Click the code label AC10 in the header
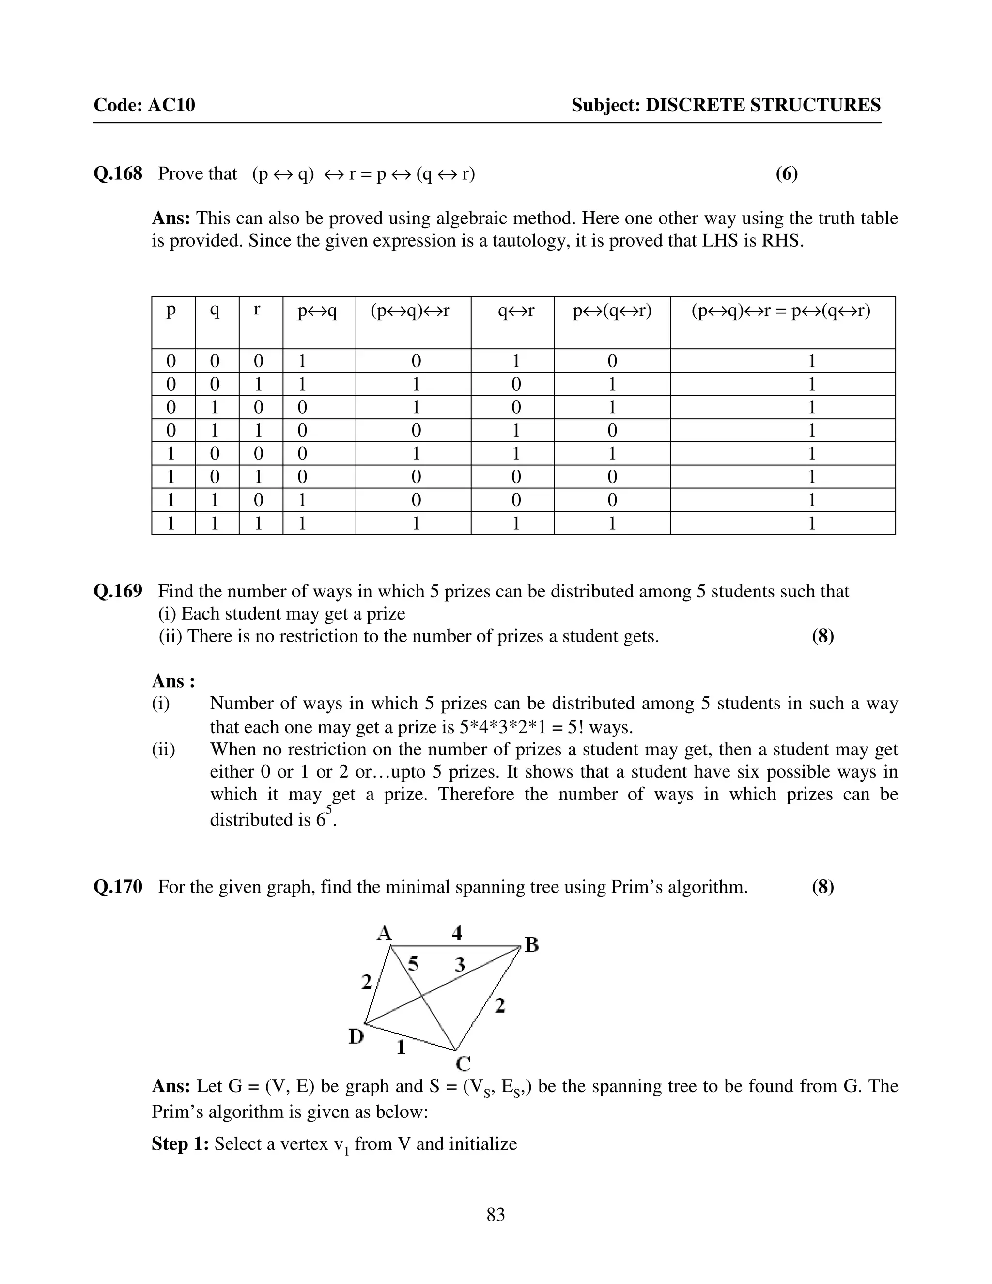[171, 105]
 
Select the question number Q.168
[118, 174]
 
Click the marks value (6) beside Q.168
[786, 174]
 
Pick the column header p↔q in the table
[317, 311]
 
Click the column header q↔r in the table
[516, 311]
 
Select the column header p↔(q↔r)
[612, 311]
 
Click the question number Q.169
[118, 592]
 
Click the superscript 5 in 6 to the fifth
[329, 810]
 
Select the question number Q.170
[118, 887]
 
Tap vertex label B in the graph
[531, 945]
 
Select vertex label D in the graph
[356, 1036]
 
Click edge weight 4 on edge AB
[457, 932]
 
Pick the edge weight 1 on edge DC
[402, 1048]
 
